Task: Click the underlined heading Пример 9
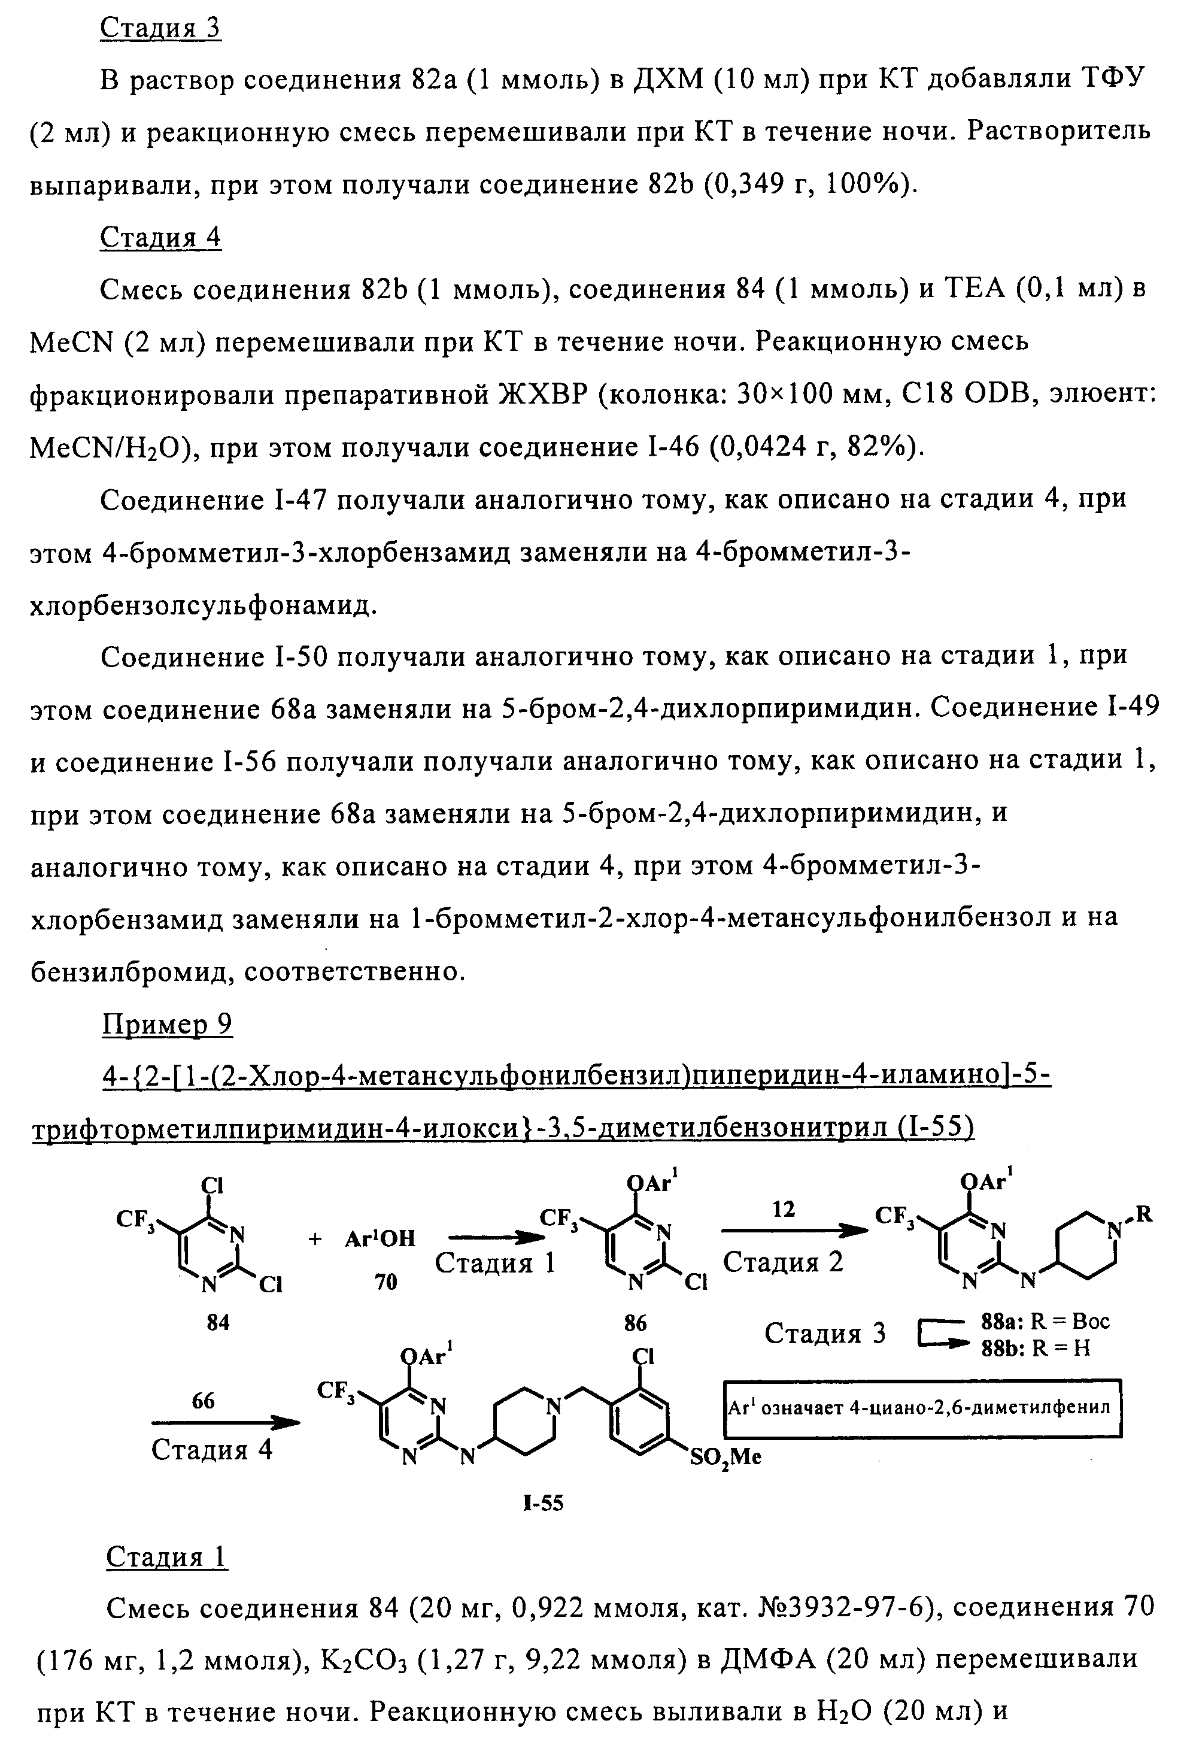(x=166, y=1024)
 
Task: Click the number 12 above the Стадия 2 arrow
(x=783, y=1209)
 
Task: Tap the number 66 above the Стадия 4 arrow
(x=203, y=1400)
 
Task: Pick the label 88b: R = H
(x=1036, y=1348)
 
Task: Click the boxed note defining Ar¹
(x=922, y=1408)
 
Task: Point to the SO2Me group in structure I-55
(x=724, y=1458)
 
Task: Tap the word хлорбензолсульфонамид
(x=201, y=604)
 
